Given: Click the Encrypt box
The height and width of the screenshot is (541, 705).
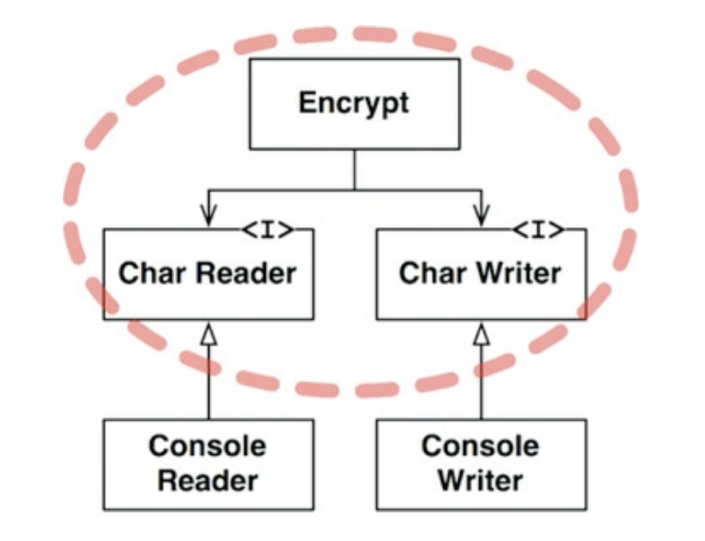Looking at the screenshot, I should pos(353,103).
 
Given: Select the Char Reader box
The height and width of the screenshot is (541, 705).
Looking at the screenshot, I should pos(208,274).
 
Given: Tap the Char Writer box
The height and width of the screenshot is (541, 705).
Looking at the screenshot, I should pos(481,274).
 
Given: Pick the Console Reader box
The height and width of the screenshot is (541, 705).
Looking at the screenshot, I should pos(208,464).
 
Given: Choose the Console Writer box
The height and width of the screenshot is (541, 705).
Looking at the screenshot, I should pos(481,464).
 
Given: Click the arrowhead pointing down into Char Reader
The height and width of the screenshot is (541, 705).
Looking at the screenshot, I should pos(208,217).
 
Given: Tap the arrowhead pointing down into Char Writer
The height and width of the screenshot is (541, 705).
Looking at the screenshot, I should pos(481,217).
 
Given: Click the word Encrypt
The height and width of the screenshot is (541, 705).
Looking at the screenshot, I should pos(353,103).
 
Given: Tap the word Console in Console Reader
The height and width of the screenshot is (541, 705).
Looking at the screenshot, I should pos(208,446).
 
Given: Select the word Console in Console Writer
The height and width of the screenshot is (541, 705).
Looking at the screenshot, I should pos(481,446).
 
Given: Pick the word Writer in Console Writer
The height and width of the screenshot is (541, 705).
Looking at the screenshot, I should pos(481,480).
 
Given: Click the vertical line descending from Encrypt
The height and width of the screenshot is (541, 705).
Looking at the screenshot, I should pos(354,169).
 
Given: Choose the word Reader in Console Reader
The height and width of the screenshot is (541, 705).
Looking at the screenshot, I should pos(208,480).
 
